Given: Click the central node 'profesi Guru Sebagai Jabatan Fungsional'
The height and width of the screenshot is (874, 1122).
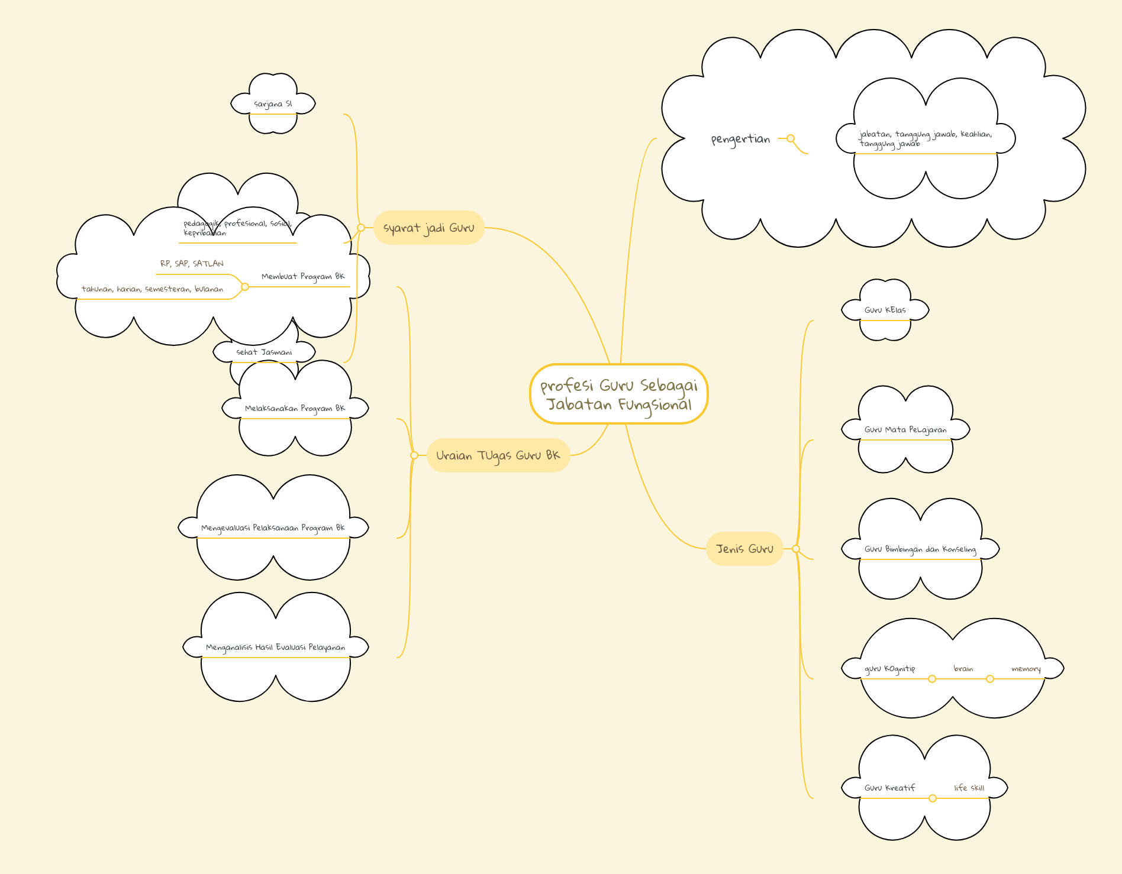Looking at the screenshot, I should point(619,394).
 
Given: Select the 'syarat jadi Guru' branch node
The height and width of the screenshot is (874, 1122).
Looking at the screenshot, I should point(429,228).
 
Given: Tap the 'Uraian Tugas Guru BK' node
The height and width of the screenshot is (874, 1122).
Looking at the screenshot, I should point(498,455).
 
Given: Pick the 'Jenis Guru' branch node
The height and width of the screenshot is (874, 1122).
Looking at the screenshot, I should point(744,549).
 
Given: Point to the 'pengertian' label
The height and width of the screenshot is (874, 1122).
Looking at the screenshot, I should point(740,139).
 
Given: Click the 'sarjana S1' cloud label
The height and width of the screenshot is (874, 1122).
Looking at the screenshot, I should point(273,104).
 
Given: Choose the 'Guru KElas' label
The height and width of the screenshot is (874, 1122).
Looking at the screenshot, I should point(885,310).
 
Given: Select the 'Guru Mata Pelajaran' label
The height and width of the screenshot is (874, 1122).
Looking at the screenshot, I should point(905,430).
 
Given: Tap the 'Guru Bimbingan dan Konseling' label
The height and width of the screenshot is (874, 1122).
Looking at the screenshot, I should point(920,549).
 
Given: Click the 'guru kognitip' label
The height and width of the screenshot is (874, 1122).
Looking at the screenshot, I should point(889,669).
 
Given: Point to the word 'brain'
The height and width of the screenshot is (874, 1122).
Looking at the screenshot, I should point(963,669).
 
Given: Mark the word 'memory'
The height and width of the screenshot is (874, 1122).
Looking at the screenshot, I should point(1026,669).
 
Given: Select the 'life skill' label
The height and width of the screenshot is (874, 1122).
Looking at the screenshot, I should point(969,788).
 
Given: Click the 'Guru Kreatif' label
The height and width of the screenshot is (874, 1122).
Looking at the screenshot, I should point(889,788).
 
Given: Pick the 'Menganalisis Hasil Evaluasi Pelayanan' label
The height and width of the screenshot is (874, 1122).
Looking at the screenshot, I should point(275,648).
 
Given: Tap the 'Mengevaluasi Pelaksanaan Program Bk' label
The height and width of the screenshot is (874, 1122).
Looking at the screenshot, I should point(273,528).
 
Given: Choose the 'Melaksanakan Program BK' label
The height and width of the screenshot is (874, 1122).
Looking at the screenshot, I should point(295,408).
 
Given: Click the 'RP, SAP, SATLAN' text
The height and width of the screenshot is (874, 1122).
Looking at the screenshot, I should point(192,264).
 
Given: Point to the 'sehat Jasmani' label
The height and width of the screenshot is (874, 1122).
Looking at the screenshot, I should point(264,352).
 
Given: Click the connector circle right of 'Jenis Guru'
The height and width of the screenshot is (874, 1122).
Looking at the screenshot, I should point(796,549).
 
